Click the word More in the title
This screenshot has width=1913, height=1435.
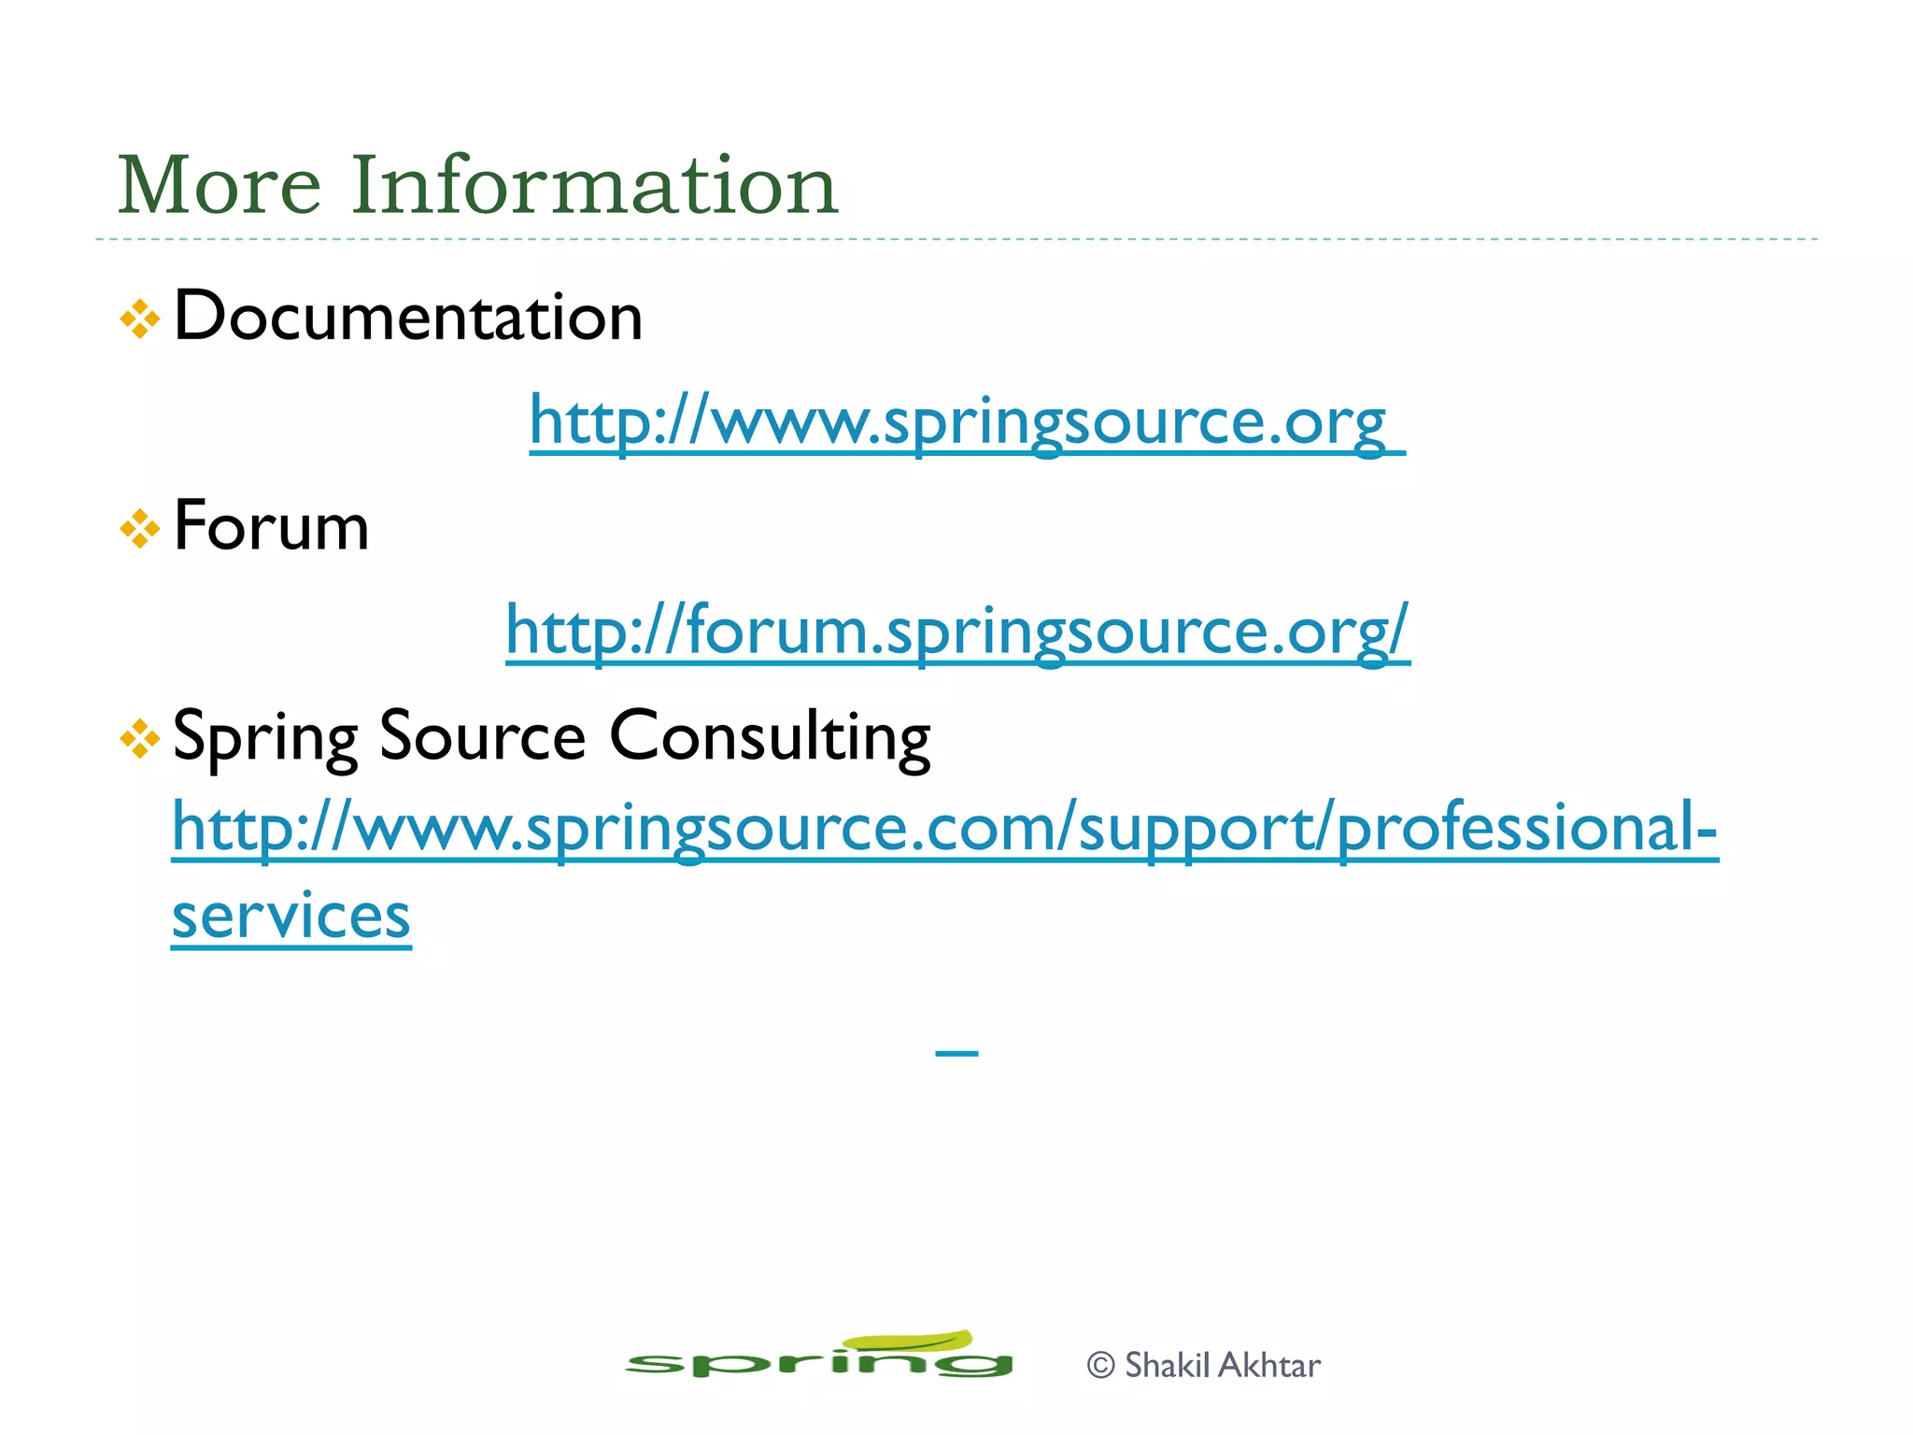219,185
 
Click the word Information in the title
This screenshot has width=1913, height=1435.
594,185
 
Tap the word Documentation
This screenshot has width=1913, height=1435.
408,317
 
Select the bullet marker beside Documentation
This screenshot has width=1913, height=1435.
140,320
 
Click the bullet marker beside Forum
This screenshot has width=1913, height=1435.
140,529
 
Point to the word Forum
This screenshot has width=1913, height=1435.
271,526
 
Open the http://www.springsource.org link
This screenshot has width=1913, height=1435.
957,421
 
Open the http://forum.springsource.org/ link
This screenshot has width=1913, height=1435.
957,631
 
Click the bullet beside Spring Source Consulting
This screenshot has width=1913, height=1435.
140,739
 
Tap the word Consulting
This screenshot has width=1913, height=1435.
770,737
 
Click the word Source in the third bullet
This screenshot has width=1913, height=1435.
482,737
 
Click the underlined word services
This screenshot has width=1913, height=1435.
290,916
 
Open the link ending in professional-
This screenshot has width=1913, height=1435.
943,829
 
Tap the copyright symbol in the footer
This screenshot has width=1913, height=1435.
1101,1366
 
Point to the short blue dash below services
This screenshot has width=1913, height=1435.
956,1054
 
